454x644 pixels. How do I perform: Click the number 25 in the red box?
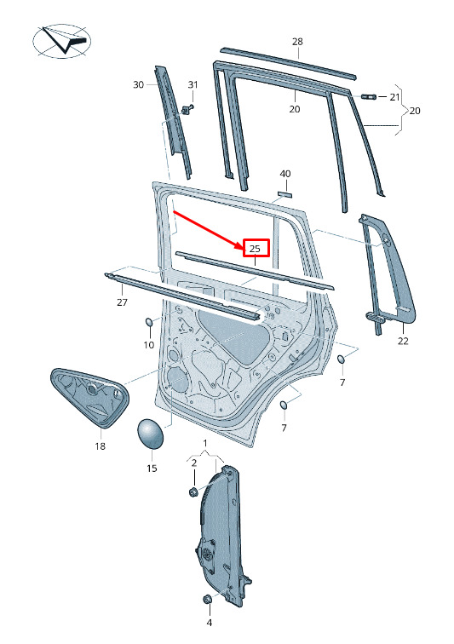pyautogui.click(x=255, y=249)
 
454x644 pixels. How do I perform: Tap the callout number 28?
pyautogui.click(x=297, y=42)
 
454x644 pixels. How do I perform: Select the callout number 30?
pyautogui.click(x=139, y=84)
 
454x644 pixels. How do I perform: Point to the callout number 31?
pyautogui.click(x=193, y=84)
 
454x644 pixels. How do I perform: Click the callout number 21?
pyautogui.click(x=394, y=97)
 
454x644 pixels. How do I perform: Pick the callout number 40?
pyautogui.click(x=285, y=174)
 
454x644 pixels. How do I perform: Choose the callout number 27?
pyautogui.click(x=122, y=302)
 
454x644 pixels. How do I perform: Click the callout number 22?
pyautogui.click(x=403, y=341)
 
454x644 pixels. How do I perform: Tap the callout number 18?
pyautogui.click(x=100, y=446)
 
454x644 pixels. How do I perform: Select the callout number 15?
pyautogui.click(x=152, y=469)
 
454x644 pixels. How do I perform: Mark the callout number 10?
pyautogui.click(x=149, y=345)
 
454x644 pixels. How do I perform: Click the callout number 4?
pyautogui.click(x=210, y=623)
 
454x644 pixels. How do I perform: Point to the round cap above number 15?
pyautogui.click(x=150, y=434)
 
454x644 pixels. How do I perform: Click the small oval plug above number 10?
pyautogui.click(x=149, y=322)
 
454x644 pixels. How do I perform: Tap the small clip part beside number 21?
pyautogui.click(x=369, y=96)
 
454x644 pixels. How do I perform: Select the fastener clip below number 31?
pyautogui.click(x=187, y=110)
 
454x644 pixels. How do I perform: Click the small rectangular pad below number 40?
pyautogui.click(x=284, y=194)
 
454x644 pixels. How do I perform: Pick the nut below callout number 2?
pyautogui.click(x=193, y=491)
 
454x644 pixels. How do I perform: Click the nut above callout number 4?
pyautogui.click(x=208, y=599)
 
